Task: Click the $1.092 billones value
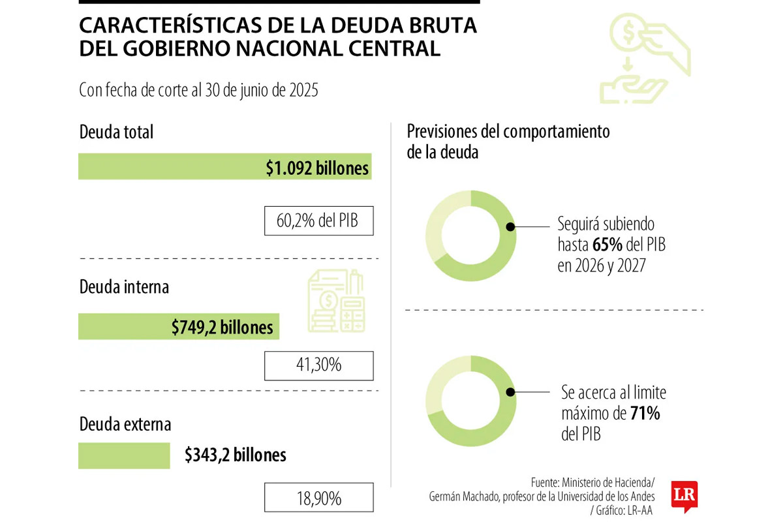(x=317, y=168)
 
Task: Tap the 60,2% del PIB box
(x=319, y=221)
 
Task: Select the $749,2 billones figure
(x=223, y=327)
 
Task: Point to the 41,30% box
(x=319, y=365)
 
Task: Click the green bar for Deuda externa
(x=124, y=455)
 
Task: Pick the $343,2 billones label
(x=236, y=455)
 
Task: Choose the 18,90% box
(x=319, y=499)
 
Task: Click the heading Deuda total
(x=116, y=132)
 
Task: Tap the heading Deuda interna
(x=124, y=286)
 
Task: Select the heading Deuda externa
(x=125, y=425)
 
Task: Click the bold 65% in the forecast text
(x=606, y=245)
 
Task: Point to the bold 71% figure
(x=645, y=413)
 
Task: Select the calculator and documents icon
(x=337, y=302)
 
